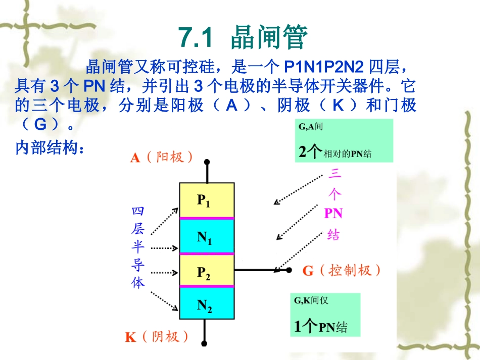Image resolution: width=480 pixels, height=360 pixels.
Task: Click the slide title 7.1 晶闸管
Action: coord(243,38)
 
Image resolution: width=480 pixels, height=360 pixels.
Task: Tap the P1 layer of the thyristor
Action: coord(207,200)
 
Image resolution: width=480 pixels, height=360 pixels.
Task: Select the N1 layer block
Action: coord(207,236)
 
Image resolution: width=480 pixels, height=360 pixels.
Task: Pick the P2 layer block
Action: coord(207,271)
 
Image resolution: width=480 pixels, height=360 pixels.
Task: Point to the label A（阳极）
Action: coord(161,158)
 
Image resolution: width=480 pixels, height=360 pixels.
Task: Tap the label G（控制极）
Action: coord(342,271)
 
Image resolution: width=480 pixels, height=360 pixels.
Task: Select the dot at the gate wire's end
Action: coord(290,270)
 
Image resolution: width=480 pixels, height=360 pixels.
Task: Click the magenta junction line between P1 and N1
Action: coord(207,218)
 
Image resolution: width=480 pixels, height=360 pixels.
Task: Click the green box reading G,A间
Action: coord(344,140)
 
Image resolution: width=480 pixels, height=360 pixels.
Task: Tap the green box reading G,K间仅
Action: coord(327,315)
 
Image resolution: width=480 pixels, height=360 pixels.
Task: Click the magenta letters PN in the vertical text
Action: coord(333,214)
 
